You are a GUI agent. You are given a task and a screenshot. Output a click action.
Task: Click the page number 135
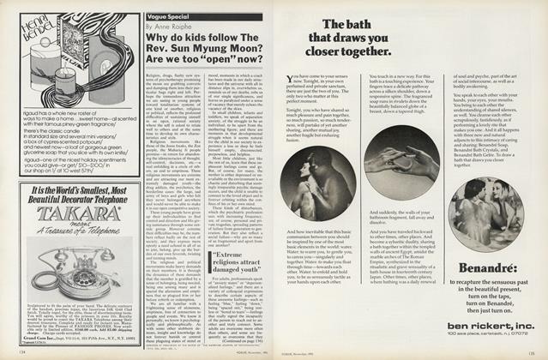pos(537,351)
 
